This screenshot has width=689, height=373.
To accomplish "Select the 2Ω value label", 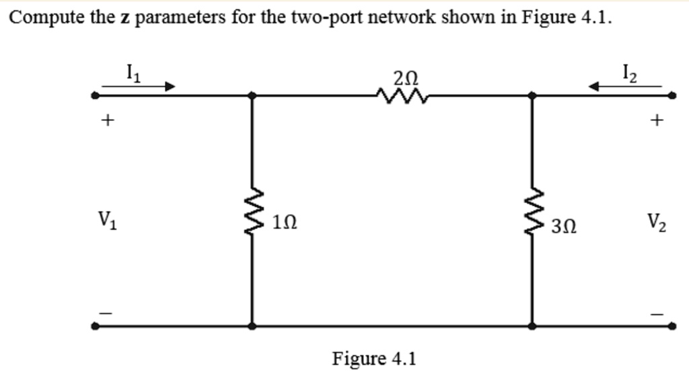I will point(406,79).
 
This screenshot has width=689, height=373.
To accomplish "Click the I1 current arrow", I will point(138,86).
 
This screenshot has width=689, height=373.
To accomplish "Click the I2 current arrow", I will point(624,86).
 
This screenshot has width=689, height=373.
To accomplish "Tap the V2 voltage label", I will point(658,222).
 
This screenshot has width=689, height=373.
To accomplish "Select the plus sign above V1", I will point(106,121).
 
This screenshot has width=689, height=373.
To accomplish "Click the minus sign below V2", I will point(657,313).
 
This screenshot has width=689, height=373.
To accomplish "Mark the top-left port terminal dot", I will point(96,96).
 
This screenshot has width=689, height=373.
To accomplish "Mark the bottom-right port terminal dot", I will point(672,326).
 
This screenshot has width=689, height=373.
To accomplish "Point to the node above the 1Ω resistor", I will point(252,96).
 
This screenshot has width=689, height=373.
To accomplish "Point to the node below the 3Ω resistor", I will point(533,326).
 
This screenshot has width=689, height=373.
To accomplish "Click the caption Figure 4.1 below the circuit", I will point(374,358).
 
